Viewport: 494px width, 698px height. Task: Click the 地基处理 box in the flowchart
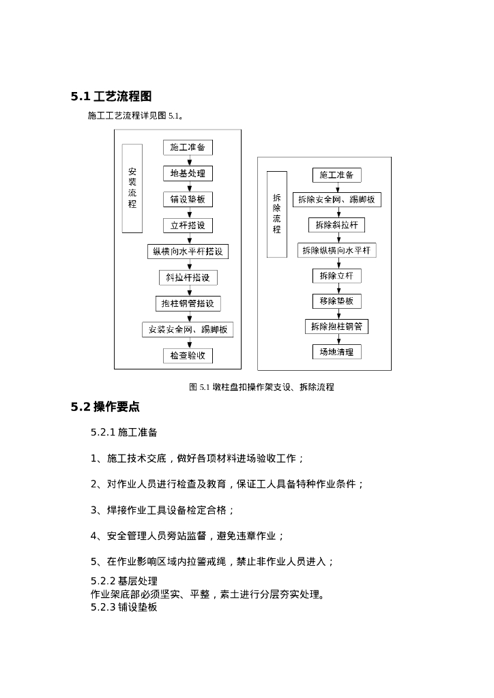[188, 173]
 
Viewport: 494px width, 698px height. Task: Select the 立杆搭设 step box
[188, 225]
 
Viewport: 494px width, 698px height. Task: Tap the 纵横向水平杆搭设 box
[188, 252]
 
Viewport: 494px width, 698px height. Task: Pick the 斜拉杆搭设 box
[188, 277]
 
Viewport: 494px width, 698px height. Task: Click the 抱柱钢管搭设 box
[188, 303]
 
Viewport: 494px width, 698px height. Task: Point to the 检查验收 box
[188, 355]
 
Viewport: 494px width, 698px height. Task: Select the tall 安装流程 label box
[132, 188]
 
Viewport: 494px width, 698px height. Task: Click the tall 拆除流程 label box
[276, 214]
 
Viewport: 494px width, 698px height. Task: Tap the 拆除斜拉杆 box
[336, 225]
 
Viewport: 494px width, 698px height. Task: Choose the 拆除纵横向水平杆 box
[336, 251]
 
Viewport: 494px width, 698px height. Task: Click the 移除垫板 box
[336, 301]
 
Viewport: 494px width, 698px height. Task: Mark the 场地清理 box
[336, 352]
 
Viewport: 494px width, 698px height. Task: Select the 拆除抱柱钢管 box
[336, 327]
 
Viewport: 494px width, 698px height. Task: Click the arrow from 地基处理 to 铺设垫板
[188, 186]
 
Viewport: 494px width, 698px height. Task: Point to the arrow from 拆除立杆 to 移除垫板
[336, 288]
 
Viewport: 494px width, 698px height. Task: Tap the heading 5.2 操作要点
[105, 407]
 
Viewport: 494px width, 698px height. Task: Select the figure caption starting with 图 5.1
[261, 387]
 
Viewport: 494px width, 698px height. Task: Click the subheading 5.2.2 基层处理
[124, 581]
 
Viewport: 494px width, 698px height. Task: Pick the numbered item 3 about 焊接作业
[163, 510]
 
